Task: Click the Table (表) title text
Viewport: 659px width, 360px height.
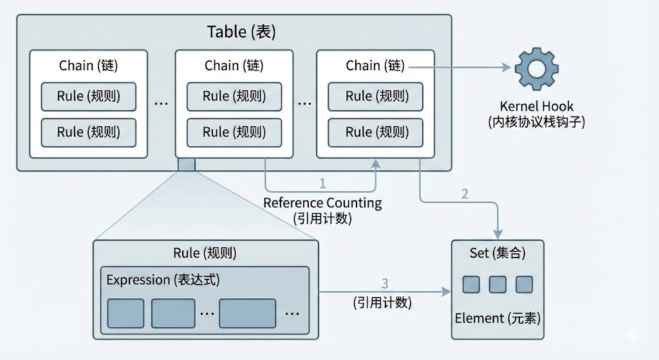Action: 241,32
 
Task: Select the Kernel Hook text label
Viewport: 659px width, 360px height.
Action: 536,106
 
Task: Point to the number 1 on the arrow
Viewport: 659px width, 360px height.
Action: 323,183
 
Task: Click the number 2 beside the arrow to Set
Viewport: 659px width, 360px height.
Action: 465,194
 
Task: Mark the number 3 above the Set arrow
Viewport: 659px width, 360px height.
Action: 385,283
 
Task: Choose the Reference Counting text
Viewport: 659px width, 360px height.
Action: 322,204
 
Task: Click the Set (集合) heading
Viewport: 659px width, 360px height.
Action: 497,253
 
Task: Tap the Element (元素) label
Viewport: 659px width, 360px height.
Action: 497,318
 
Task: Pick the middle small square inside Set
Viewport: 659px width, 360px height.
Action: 497,284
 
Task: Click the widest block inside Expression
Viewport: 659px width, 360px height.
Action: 247,313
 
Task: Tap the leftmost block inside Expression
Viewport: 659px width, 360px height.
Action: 125,313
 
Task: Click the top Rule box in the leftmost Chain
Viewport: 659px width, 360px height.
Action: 89,97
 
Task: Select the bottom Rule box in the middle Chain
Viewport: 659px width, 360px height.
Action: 234,132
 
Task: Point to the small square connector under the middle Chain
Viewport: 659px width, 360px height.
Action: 186,164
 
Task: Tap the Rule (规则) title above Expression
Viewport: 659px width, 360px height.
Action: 205,253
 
